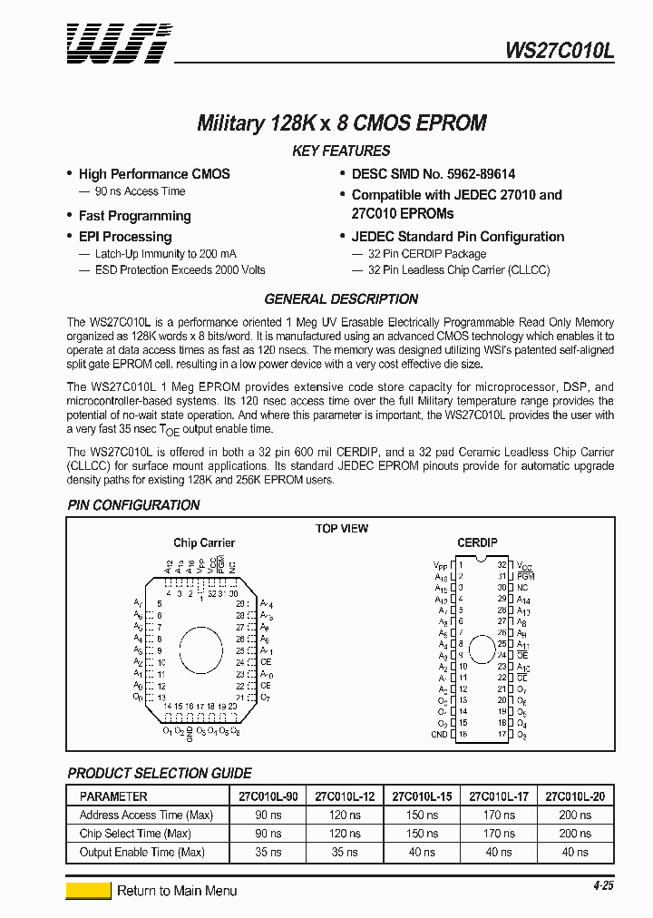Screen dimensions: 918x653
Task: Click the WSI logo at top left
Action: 116,44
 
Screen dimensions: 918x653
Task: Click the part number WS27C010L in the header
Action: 560,53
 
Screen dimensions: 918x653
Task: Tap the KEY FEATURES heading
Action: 341,151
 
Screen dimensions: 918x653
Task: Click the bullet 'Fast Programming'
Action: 134,216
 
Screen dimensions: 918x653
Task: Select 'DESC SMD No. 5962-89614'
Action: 434,173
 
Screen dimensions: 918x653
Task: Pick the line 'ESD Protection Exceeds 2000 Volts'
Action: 180,269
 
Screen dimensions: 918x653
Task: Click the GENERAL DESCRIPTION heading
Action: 341,299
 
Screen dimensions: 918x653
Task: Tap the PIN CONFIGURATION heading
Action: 134,505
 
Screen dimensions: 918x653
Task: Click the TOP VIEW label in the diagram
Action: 341,529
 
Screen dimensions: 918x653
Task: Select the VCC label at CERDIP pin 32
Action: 524,564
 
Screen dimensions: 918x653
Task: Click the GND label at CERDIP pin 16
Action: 440,735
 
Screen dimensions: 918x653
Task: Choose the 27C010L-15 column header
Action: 422,796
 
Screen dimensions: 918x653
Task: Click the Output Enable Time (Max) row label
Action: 142,852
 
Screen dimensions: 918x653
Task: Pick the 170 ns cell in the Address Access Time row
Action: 499,815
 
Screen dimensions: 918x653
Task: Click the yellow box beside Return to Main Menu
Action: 88,891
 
